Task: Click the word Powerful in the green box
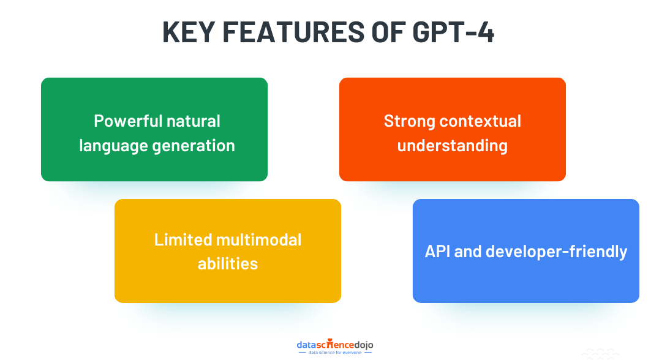pos(125,121)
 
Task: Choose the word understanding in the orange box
pos(453,146)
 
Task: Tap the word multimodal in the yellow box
pos(260,239)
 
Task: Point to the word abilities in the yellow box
pos(228,263)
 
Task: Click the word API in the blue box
pos(437,251)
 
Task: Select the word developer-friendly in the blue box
pos(557,251)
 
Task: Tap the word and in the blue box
pos(469,251)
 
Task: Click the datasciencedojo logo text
pos(334,344)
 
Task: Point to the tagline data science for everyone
pos(334,353)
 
